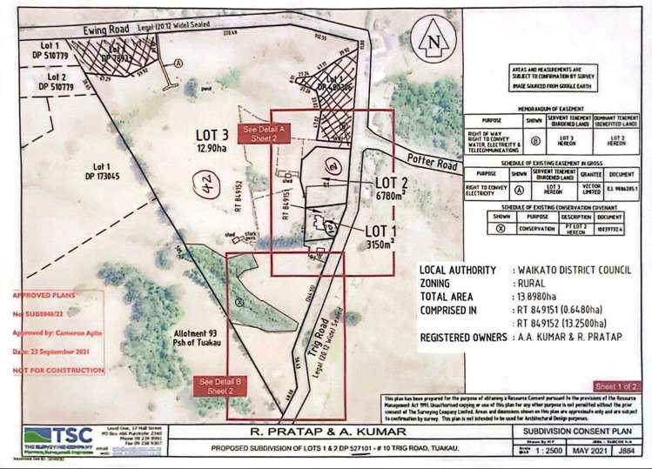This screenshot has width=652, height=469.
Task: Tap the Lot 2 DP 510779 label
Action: (x=34, y=83)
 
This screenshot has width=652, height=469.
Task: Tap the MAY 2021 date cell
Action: (x=588, y=451)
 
